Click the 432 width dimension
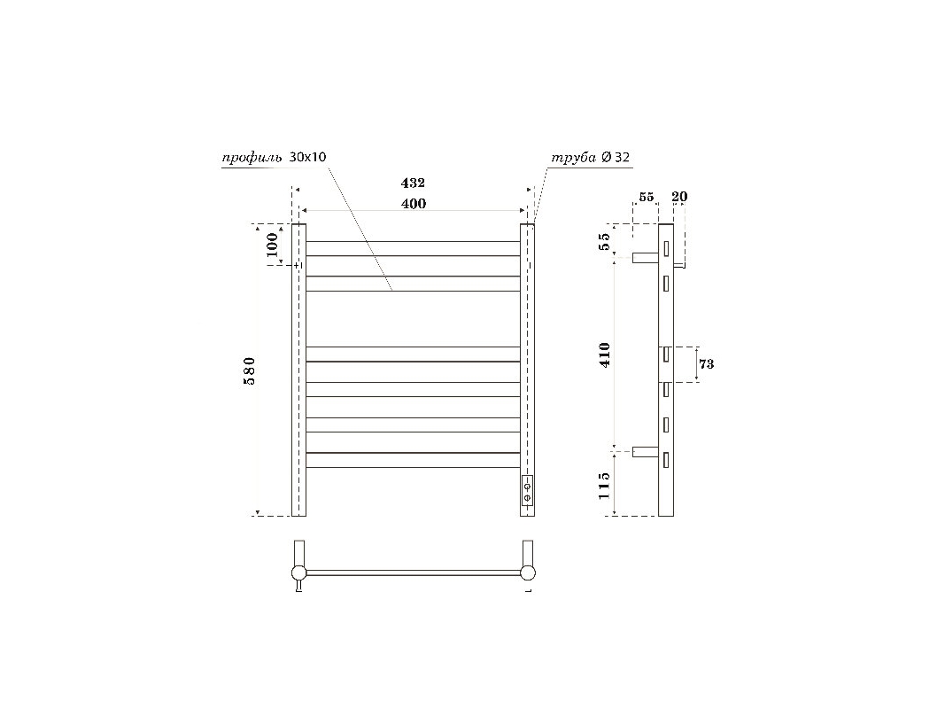coord(413,183)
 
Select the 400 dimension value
coord(414,204)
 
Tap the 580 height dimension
coord(250,370)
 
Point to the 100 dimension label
coord(273,245)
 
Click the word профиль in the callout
coord(252,159)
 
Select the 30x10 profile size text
coord(308,158)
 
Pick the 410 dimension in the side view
coord(605,354)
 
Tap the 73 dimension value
coord(707,364)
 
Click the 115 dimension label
coord(605,486)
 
